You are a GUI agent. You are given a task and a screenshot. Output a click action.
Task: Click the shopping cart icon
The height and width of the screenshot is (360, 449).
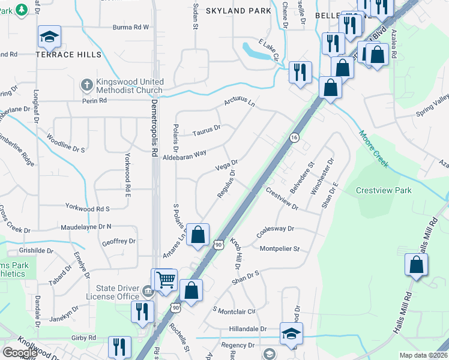coord(165,280)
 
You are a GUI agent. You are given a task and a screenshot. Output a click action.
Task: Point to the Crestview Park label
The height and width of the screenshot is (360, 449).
coord(384,190)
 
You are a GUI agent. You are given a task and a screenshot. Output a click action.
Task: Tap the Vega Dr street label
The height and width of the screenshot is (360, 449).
coord(226,163)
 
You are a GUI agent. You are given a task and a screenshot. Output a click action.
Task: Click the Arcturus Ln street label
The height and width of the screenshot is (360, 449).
coord(240,103)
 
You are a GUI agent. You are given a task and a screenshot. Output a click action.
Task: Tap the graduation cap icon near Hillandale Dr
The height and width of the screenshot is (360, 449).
coord(291,333)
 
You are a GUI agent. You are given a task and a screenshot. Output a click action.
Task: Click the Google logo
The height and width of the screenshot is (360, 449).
coord(20,353)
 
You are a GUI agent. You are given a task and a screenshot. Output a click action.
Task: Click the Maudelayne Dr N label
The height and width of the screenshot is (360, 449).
coord(86,227)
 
